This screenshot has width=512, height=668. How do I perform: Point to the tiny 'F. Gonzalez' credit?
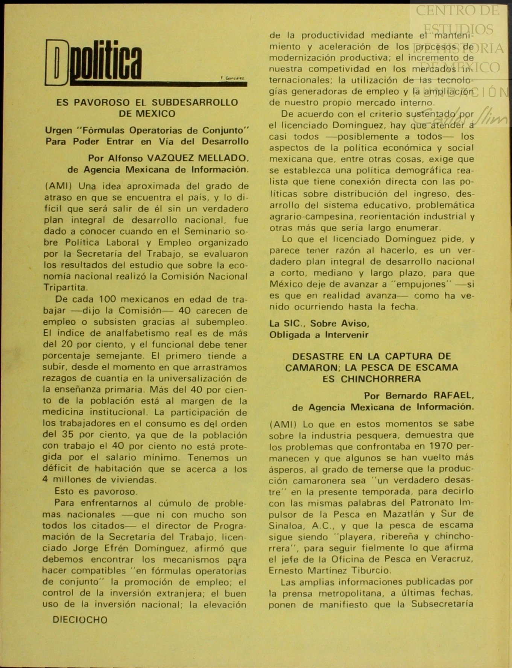pos(232,78)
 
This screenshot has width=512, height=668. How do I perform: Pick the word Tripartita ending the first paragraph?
pos(65,288)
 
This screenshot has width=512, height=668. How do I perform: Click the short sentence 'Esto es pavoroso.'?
pos(96,491)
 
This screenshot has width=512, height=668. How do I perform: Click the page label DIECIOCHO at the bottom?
pos(80,620)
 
